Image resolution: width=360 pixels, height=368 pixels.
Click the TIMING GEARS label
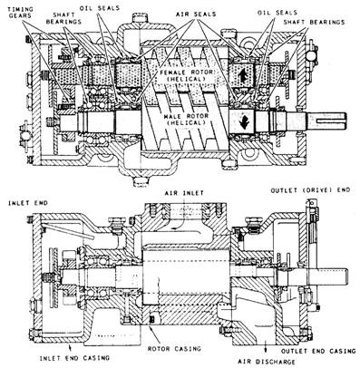point(19,13)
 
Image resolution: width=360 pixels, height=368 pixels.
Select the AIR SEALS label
point(196,14)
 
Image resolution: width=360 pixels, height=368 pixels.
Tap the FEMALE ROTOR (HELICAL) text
point(183,75)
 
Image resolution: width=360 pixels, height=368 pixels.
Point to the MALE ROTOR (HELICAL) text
point(185,119)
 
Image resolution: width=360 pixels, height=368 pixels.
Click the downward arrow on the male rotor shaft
point(243,121)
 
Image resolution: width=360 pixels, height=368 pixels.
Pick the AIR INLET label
point(184,193)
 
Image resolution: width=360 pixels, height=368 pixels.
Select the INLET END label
point(28,203)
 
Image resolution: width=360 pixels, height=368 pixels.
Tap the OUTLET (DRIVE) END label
point(310,189)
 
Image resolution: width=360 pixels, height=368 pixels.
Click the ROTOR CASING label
point(174,348)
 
